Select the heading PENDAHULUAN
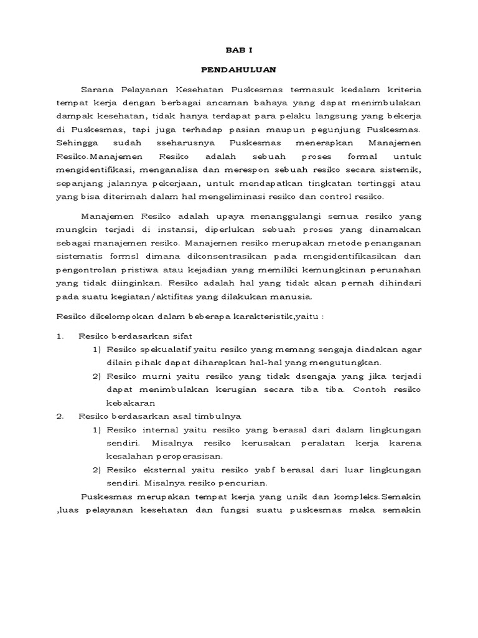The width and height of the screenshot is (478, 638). point(239,70)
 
